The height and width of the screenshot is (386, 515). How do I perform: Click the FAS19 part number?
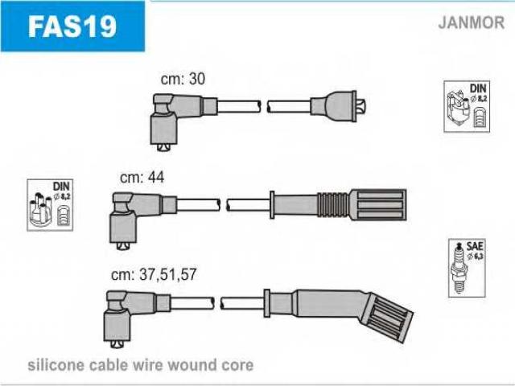click(72, 26)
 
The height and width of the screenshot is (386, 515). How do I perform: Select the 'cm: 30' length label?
click(184, 79)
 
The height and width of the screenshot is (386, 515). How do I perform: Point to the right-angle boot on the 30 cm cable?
click(168, 117)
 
